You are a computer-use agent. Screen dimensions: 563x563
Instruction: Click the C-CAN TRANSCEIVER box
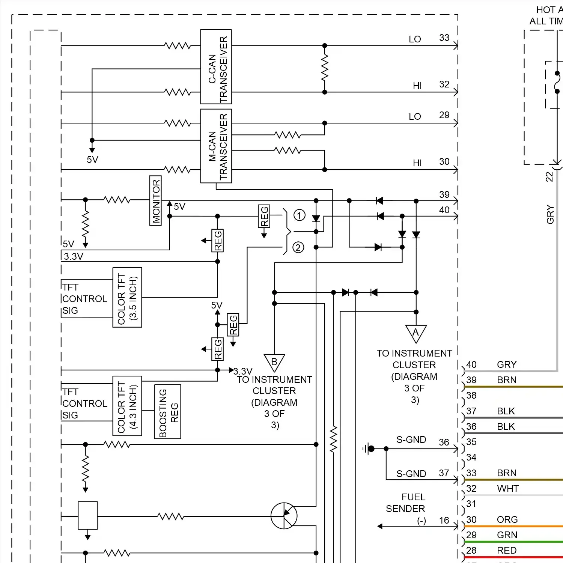[x=216, y=67]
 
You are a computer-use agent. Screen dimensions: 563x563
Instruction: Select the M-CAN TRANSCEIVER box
[x=216, y=146]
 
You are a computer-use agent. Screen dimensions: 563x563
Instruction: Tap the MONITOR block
[x=155, y=201]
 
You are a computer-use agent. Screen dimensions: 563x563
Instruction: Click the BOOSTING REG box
[x=167, y=412]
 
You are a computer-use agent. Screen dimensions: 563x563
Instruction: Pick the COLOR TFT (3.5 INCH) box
[x=127, y=297]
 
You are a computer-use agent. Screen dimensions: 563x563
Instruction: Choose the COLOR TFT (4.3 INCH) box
[x=127, y=406]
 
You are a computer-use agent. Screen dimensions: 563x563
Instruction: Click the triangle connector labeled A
[x=416, y=333]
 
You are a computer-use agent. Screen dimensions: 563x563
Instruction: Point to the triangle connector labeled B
[x=274, y=362]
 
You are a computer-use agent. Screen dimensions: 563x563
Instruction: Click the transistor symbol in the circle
[x=284, y=516]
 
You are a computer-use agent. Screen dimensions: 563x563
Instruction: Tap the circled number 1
[x=299, y=215]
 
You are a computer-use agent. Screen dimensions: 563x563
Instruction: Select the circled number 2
[x=298, y=248]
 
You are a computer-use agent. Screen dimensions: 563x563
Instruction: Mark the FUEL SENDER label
[x=406, y=503]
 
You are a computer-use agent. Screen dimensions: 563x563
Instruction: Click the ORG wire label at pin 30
[x=507, y=519]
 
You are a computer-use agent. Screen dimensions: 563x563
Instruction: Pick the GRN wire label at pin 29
[x=507, y=535]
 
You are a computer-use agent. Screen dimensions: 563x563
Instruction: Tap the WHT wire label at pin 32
[x=507, y=488]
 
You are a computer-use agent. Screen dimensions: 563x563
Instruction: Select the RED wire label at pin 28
[x=507, y=550]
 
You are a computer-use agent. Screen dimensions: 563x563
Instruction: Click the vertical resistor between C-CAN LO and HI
[x=325, y=69]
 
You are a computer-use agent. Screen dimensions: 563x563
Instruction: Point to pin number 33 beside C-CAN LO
[x=444, y=38]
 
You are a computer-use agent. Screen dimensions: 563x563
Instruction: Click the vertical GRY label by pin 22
[x=550, y=214]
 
